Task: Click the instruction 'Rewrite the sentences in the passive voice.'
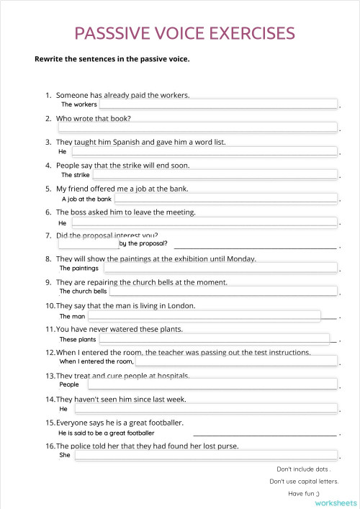(112, 59)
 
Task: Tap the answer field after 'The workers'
(218, 104)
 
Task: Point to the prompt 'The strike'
(76, 175)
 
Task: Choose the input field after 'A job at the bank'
(225, 199)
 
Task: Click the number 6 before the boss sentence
(48, 212)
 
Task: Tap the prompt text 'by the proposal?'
(143, 244)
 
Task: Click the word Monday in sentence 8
(242, 259)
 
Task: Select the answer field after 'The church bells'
(222, 292)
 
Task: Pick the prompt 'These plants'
(78, 339)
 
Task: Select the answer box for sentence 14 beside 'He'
(203, 408)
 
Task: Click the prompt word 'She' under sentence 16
(65, 455)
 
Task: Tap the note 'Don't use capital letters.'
(303, 481)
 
